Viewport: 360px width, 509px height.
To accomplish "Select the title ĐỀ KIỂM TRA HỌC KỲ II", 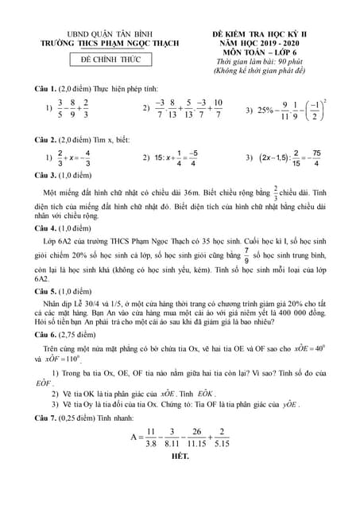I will pos(260,36).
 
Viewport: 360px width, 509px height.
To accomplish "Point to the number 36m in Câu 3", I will pos(240,192).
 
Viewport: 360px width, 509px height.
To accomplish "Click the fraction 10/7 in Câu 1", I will pos(218,109).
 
